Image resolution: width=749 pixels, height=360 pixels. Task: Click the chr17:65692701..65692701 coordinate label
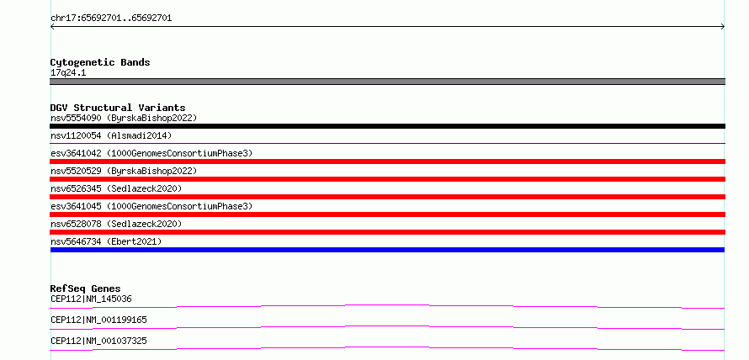click(x=111, y=19)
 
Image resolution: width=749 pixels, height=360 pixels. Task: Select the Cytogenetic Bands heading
click(x=100, y=62)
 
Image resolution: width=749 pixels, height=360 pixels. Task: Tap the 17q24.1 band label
click(x=68, y=73)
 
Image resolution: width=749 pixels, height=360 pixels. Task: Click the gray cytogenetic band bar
click(x=387, y=82)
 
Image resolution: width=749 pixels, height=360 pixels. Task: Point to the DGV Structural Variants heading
click(x=118, y=108)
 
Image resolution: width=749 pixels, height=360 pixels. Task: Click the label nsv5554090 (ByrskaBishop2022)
click(x=124, y=118)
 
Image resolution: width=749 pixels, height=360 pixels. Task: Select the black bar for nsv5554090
click(x=387, y=126)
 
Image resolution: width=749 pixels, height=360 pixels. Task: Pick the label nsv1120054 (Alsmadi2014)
click(x=111, y=135)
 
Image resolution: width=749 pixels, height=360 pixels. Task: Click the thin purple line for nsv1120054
click(x=387, y=143)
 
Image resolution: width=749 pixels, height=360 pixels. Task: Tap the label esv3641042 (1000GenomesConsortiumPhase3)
click(x=151, y=153)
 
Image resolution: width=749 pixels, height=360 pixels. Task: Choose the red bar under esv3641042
click(x=387, y=161)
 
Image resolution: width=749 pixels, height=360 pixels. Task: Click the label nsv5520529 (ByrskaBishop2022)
click(x=124, y=171)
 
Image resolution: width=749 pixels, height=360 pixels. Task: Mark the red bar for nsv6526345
click(x=387, y=197)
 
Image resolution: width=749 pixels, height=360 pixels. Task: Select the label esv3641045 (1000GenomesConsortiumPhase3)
click(x=151, y=206)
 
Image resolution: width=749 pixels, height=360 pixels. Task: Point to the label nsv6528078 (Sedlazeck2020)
click(x=116, y=224)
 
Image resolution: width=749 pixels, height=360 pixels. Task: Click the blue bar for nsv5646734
click(x=387, y=250)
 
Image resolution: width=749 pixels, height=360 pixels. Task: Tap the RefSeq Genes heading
click(x=86, y=289)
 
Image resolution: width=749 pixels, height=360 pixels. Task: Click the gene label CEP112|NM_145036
click(x=91, y=299)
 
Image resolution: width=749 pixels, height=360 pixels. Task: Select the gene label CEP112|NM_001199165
click(x=98, y=320)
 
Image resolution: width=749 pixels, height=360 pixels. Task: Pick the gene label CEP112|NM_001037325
click(x=98, y=341)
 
